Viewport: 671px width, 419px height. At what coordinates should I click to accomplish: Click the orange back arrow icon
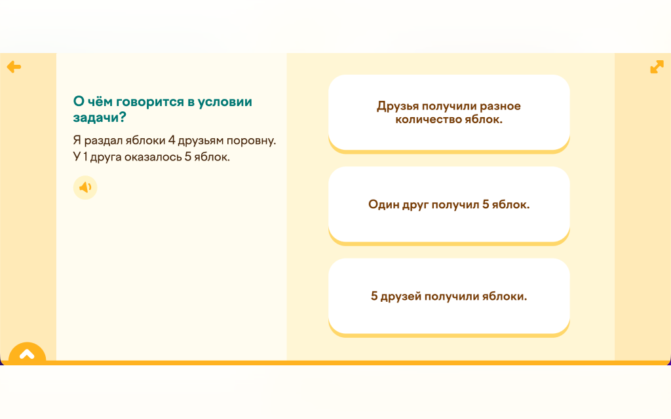point(14,67)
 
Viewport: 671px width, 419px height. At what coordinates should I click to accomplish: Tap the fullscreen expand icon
point(657,67)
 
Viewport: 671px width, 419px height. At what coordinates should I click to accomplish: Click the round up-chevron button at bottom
point(27,352)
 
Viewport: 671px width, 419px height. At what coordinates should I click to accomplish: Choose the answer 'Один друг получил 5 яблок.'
point(449,204)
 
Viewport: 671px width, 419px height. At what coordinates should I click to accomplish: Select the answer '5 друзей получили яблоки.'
point(449,297)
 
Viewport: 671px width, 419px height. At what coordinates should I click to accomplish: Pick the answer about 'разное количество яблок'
point(449,113)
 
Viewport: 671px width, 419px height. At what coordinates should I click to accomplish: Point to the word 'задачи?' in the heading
point(100,117)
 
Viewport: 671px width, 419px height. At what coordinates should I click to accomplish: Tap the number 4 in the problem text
point(172,140)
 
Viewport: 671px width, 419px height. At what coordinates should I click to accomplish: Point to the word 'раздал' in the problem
point(103,141)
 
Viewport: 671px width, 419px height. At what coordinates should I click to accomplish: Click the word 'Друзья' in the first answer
point(398,106)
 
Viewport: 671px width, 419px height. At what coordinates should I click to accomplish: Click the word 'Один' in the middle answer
point(383,204)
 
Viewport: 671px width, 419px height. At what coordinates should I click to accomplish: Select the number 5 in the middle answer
point(486,204)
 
